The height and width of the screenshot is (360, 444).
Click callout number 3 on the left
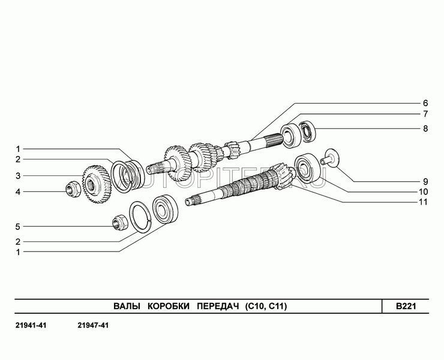[18, 176]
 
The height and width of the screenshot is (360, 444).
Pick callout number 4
[18, 192]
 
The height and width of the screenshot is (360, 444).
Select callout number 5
[18, 227]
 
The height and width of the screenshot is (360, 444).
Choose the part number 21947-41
[93, 326]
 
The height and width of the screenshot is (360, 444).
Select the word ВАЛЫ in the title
[127, 306]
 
